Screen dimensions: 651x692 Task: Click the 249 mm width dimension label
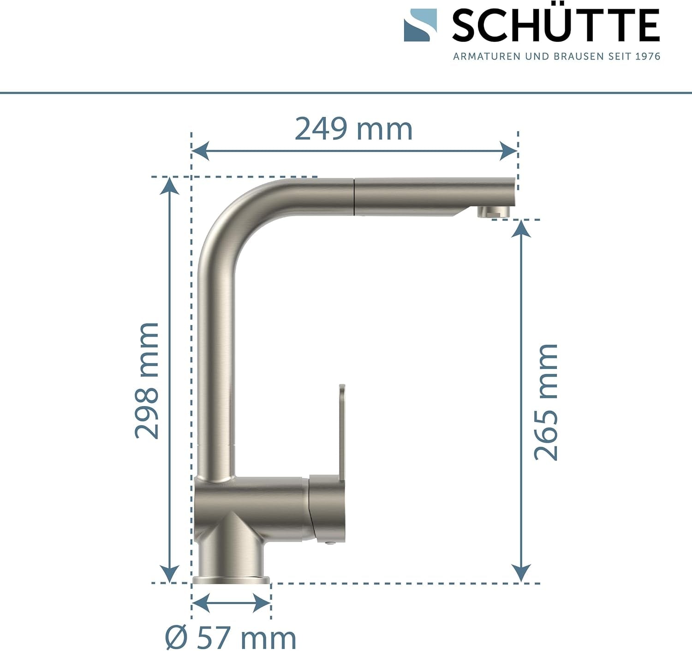click(353, 130)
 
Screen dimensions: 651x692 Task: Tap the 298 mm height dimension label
click(147, 380)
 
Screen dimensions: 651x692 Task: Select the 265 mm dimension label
click(546, 402)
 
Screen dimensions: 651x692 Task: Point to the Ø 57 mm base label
click(231, 638)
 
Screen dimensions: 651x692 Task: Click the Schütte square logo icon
click(420, 25)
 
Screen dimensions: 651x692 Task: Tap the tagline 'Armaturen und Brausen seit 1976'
click(556, 56)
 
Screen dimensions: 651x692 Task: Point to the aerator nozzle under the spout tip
click(493, 212)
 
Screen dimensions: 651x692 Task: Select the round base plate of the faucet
click(231, 580)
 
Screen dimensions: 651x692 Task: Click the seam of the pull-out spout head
click(354, 196)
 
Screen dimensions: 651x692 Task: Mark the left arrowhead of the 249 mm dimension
click(200, 151)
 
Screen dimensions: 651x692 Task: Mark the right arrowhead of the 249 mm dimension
click(509, 151)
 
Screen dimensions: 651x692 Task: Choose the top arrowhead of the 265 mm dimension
click(521, 229)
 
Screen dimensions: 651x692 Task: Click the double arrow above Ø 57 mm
click(231, 603)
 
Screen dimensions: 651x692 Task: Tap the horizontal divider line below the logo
click(346, 93)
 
